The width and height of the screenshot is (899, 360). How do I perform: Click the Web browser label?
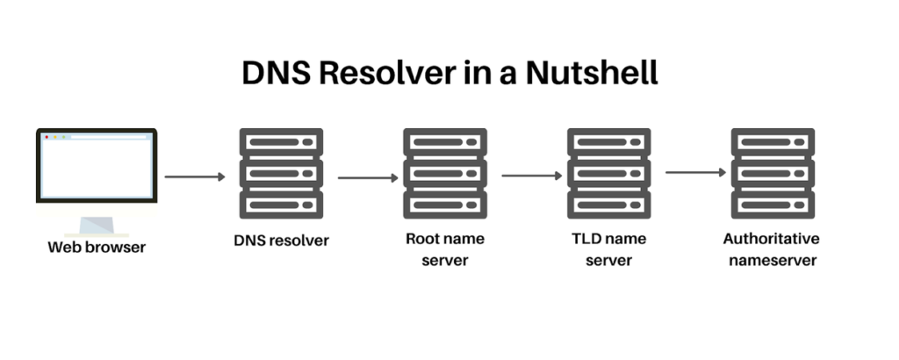click(x=97, y=247)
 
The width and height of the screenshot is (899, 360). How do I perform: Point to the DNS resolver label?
click(x=281, y=240)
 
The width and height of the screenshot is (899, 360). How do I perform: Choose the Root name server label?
click(x=444, y=249)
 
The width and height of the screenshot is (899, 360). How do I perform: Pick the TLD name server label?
click(x=608, y=249)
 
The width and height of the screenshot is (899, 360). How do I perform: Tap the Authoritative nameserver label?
click(x=771, y=249)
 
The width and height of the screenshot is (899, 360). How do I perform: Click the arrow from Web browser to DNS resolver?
click(x=195, y=176)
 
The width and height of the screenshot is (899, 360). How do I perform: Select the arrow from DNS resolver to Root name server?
click(x=368, y=177)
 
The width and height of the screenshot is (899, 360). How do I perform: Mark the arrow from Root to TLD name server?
click(x=532, y=175)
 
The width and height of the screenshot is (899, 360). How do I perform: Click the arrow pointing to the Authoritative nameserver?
click(x=695, y=172)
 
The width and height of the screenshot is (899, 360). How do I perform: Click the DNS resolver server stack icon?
click(x=281, y=173)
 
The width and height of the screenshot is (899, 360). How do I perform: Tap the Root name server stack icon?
click(x=445, y=173)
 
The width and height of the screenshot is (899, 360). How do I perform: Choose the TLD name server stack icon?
click(x=608, y=173)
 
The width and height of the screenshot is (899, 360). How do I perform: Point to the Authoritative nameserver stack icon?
click(x=773, y=173)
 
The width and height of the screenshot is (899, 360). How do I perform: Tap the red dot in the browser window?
click(x=47, y=138)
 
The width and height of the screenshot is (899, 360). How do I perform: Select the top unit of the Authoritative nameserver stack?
click(x=773, y=142)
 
